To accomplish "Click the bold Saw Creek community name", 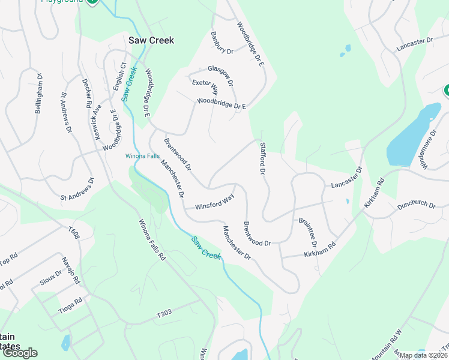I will [151, 40].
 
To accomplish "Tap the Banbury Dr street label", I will [221, 43].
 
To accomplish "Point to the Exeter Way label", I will [205, 88].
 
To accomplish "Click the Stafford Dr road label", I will [262, 158].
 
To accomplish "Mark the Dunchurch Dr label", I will [416, 205].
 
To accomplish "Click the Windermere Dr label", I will [427, 148].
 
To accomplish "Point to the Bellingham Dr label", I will [40, 94].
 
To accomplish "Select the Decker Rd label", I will [87, 94].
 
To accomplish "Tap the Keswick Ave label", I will [98, 122].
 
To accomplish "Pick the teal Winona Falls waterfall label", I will [142, 156].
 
